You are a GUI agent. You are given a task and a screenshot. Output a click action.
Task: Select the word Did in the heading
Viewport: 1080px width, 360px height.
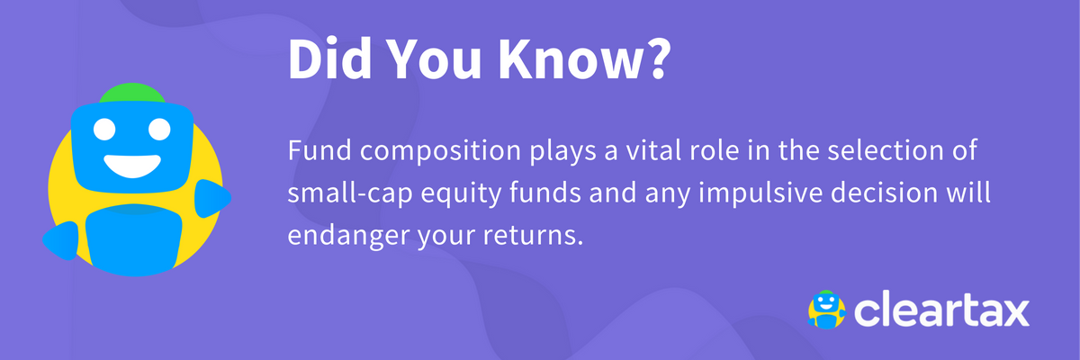click(329, 58)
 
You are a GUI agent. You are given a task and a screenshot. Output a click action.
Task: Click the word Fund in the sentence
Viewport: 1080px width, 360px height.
click(319, 150)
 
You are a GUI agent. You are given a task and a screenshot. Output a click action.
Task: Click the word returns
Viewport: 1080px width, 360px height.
click(533, 236)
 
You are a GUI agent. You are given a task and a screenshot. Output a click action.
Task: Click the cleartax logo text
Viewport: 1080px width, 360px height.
click(941, 310)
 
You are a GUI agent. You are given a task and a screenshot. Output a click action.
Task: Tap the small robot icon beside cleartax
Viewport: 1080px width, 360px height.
click(826, 310)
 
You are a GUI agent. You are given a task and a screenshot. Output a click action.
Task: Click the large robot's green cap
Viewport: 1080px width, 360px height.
click(132, 93)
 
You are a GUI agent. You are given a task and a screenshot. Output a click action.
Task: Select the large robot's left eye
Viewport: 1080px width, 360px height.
click(104, 130)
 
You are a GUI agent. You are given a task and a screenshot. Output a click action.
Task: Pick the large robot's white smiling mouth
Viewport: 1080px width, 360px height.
click(132, 166)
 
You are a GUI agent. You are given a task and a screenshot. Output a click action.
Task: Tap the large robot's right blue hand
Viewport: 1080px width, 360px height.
click(212, 198)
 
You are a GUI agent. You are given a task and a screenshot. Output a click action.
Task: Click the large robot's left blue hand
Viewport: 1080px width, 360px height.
click(61, 240)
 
